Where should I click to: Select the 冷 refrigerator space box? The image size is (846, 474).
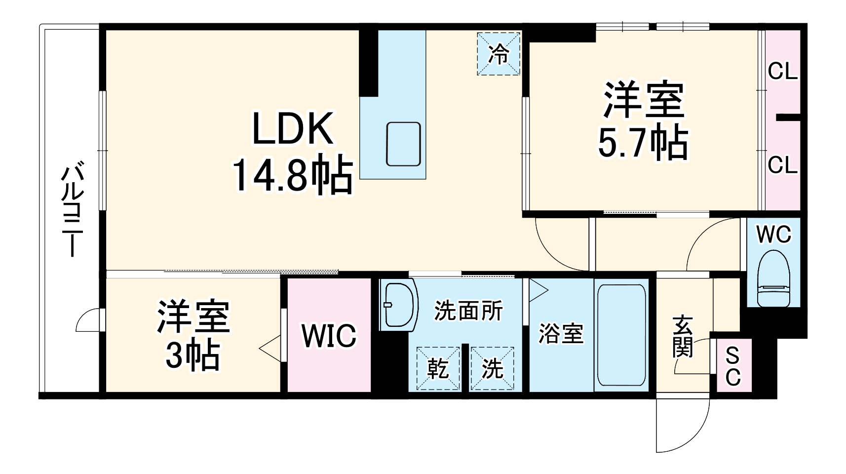click(x=499, y=54)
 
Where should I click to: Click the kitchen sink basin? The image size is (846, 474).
click(x=403, y=144)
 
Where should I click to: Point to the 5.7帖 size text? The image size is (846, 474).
click(x=643, y=143)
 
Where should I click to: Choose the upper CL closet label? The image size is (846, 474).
click(x=782, y=73)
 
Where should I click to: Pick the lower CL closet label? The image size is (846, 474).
click(x=782, y=165)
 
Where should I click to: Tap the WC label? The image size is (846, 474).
click(x=773, y=236)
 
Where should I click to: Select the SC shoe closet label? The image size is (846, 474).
click(x=733, y=366)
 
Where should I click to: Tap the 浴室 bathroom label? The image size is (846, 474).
click(x=561, y=334)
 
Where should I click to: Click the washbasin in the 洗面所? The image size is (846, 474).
click(x=397, y=305)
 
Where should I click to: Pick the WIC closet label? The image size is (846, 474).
click(x=329, y=336)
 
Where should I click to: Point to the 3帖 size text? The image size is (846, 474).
click(x=192, y=355)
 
